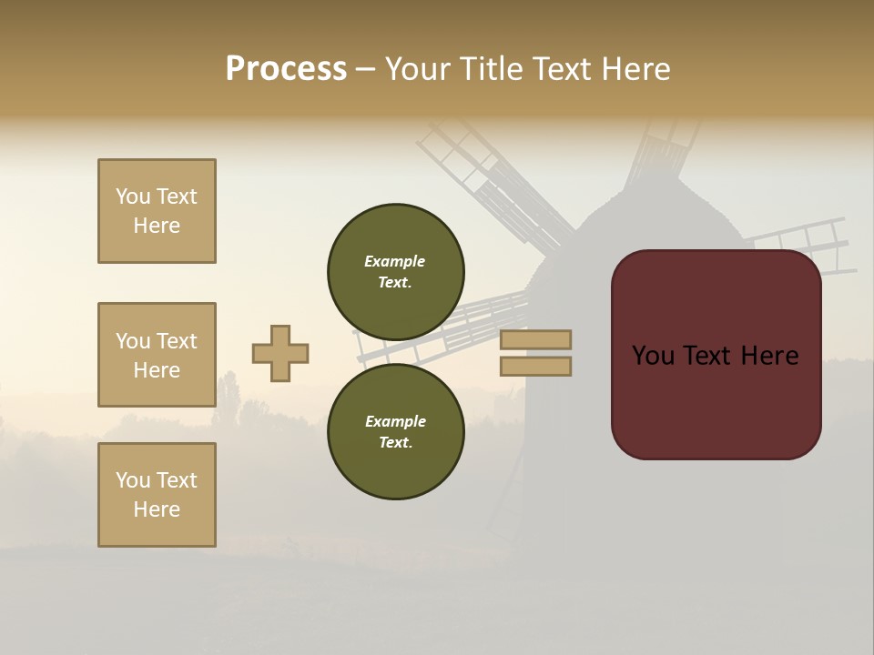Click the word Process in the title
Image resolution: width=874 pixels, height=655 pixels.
click(x=286, y=69)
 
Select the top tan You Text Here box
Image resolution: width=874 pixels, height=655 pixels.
click(x=157, y=211)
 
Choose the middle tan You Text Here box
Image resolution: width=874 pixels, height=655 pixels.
click(x=157, y=355)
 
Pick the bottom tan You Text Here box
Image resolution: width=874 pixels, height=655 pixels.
click(x=157, y=495)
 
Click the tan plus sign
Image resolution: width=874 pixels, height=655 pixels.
click(x=280, y=354)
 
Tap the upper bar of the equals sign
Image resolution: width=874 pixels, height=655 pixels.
click(x=535, y=339)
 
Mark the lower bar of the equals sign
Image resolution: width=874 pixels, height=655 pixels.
click(x=535, y=367)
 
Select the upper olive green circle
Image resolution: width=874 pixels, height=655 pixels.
click(x=396, y=271)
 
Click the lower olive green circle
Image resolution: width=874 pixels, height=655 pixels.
click(x=396, y=431)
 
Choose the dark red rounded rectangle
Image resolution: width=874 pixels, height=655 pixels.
click(x=716, y=355)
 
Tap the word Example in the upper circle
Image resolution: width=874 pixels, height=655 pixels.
click(x=395, y=261)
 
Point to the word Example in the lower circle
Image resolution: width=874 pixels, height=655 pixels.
click(x=395, y=421)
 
